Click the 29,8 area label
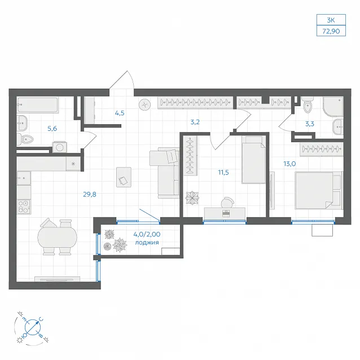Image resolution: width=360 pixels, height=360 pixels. tap(90, 195)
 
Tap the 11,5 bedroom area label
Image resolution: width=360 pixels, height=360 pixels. tap(223, 172)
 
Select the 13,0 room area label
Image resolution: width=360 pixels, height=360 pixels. tap(289, 164)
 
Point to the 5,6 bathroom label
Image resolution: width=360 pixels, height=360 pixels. tap(52, 129)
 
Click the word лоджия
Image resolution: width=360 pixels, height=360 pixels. tap(147, 243)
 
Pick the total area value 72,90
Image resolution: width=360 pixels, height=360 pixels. tap(331, 31)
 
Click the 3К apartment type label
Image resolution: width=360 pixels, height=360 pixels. tap(331, 20)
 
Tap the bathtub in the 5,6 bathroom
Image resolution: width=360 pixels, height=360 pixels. tap(37, 105)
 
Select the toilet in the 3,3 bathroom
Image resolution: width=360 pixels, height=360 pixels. tap(308, 105)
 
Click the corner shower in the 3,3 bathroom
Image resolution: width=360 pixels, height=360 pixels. tap(333, 106)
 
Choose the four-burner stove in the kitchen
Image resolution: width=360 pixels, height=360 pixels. tap(24, 207)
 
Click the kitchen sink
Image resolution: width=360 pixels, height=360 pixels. tap(24, 178)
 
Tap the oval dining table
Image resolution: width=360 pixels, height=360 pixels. tap(57, 237)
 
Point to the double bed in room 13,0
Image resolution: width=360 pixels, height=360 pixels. tap(318, 190)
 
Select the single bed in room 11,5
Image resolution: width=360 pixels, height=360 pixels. tap(253, 160)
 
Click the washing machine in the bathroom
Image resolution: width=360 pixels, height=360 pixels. tap(59, 147)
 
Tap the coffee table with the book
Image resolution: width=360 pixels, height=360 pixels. tap(124, 177)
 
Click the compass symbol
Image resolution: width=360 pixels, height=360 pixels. tap(33, 327)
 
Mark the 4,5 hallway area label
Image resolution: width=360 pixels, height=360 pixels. tap(120, 113)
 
